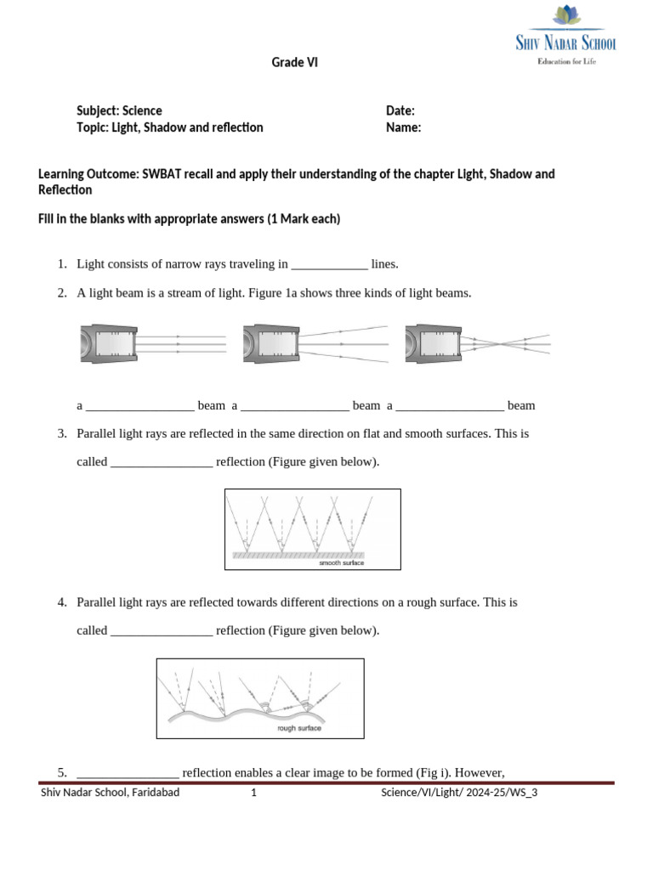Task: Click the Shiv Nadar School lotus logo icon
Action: (565, 16)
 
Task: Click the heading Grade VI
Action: (294, 63)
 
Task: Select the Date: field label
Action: (400, 110)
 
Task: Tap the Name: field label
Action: (404, 127)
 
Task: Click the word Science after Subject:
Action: (142, 110)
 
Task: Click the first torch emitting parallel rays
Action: (107, 344)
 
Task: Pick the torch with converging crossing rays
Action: (433, 344)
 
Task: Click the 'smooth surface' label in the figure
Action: (341, 562)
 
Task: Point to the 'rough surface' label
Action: (299, 729)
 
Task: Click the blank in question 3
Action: (162, 462)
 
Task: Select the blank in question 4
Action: (162, 630)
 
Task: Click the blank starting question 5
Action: (128, 773)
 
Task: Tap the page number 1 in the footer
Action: (253, 794)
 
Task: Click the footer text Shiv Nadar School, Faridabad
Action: (111, 794)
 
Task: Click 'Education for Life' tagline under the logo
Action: (565, 61)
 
